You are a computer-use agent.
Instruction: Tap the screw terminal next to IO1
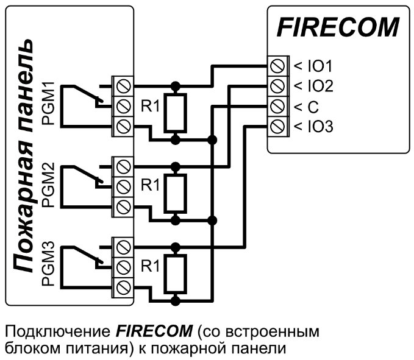[x=279, y=65]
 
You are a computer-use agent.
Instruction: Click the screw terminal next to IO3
[x=279, y=127]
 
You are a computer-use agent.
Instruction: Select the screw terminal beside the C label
[x=279, y=107]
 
